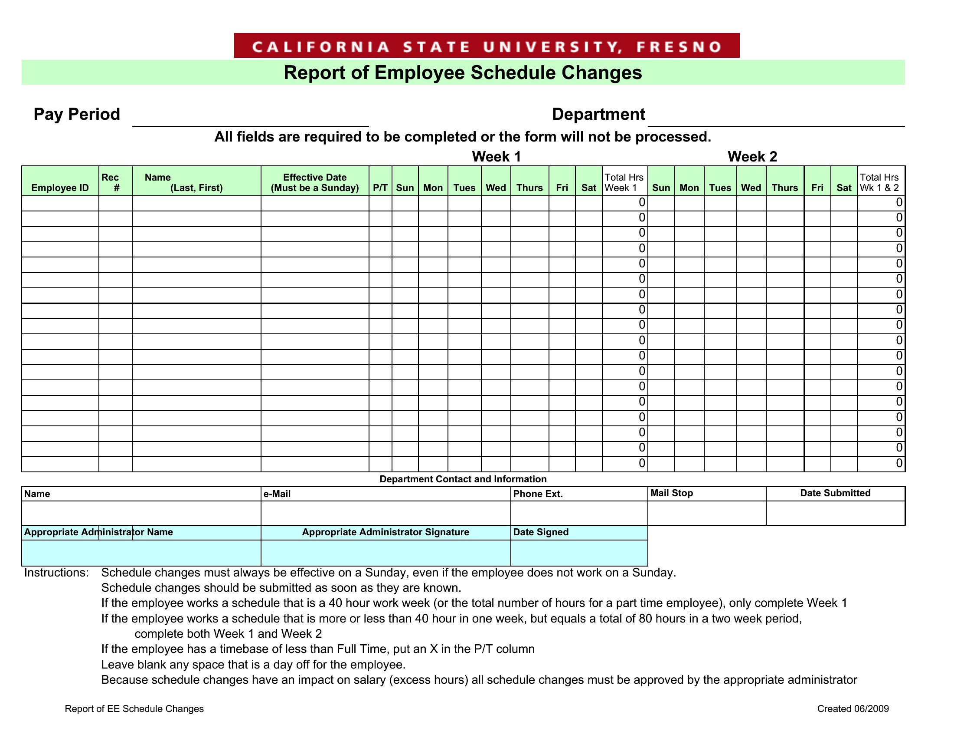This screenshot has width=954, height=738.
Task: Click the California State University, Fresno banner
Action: pos(487,46)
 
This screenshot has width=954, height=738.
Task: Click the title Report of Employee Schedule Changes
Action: pos(463,72)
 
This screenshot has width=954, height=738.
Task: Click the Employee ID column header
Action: pos(60,188)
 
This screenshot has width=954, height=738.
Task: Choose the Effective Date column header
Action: pos(314,182)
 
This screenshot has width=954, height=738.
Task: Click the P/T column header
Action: pos(380,188)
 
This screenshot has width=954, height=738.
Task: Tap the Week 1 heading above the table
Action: pos(496,157)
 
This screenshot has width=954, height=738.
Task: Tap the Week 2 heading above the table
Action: pos(752,157)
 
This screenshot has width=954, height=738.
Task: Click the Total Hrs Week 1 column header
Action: pos(624,182)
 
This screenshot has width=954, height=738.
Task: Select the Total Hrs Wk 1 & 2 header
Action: pos(879,182)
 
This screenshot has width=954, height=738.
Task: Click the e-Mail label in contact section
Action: pos(277,494)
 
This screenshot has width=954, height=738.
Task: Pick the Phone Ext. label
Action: pos(538,494)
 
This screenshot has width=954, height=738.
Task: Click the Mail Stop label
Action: pos(671,493)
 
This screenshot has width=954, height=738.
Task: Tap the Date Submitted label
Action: pos(835,493)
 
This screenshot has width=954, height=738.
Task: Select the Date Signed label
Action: pos(541,532)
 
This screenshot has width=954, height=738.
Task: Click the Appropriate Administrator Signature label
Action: pos(385,532)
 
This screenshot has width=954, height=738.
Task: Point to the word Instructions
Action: pos(56,573)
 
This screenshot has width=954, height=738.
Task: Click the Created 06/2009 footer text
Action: pos(853,709)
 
